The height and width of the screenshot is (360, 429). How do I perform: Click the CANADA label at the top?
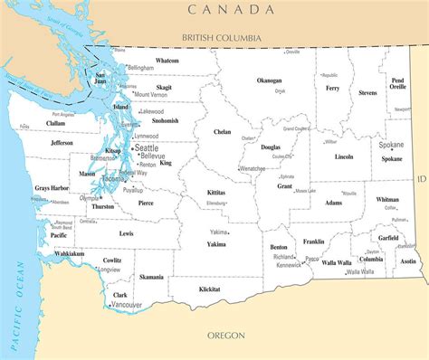(231, 9)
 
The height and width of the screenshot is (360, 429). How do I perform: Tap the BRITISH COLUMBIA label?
(221, 38)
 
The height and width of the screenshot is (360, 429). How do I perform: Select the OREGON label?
(226, 335)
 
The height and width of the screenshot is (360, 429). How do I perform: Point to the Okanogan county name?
(270, 80)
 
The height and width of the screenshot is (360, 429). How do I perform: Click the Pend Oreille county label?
(398, 84)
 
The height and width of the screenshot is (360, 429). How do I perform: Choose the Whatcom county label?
(167, 61)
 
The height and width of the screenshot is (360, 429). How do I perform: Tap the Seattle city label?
(146, 147)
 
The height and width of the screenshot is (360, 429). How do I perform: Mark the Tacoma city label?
(119, 178)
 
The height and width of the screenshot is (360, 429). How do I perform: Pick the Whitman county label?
(387, 199)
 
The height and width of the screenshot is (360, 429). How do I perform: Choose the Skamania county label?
(151, 277)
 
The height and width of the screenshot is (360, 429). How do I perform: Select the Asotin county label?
(409, 261)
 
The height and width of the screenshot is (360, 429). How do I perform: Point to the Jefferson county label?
(62, 143)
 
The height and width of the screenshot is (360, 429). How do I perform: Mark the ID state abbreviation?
(420, 179)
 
